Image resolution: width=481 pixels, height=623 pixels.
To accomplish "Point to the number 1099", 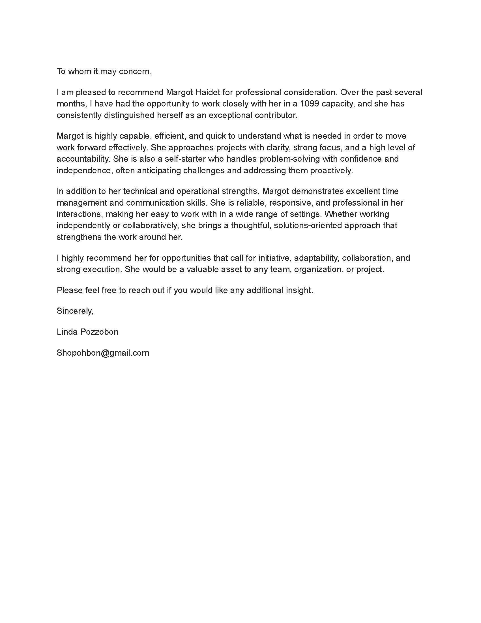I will [310, 104].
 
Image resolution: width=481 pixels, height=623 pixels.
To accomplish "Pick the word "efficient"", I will [170, 136].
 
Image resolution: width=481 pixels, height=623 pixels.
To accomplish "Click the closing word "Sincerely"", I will [75, 311].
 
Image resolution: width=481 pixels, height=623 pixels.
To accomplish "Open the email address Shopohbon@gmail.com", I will [103, 353].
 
